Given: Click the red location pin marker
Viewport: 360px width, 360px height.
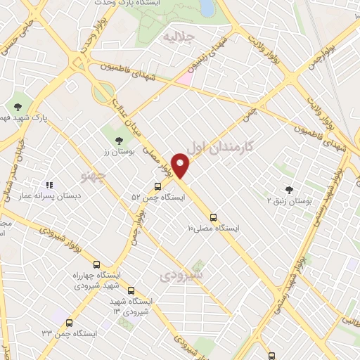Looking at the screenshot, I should (181, 165).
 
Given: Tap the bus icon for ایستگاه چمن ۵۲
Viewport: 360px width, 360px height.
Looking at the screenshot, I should (157, 186).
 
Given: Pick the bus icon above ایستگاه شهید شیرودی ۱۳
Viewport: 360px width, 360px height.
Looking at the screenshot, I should (131, 290).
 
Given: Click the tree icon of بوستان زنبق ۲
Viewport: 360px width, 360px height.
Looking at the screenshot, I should (288, 189).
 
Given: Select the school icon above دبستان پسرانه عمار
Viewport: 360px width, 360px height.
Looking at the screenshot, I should (49, 185).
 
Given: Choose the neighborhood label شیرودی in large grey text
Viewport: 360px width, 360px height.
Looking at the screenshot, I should (184, 275).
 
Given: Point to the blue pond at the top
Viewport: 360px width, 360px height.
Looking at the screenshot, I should (206, 7).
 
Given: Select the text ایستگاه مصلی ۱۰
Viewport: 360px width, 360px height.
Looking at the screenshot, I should (213, 228).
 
